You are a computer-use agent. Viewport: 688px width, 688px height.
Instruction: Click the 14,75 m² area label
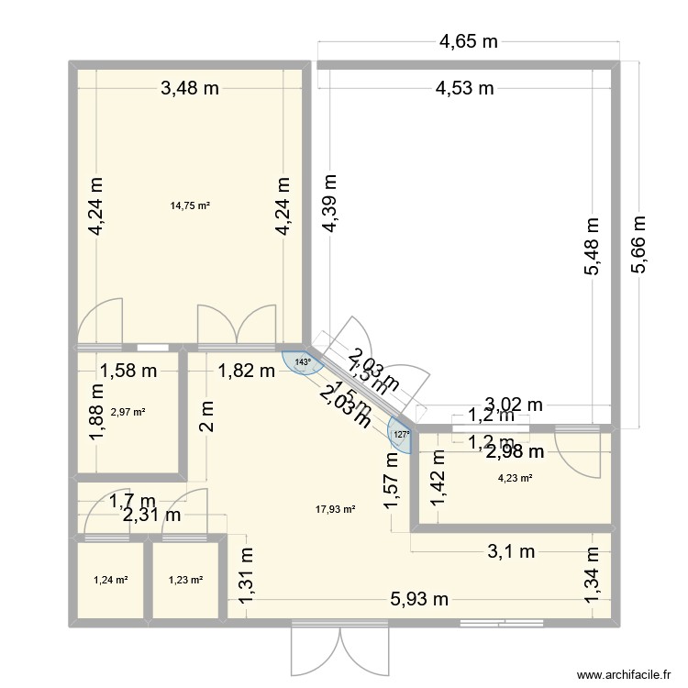[190, 205]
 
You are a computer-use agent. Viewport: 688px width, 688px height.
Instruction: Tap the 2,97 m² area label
[128, 412]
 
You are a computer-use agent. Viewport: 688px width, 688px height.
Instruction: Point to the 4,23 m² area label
[514, 477]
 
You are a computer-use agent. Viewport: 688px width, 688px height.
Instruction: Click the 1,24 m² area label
[111, 580]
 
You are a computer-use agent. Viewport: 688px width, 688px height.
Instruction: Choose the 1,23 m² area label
[186, 580]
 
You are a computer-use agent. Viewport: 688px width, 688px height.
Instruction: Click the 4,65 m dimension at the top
[468, 40]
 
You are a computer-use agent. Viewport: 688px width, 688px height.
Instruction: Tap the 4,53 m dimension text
[465, 89]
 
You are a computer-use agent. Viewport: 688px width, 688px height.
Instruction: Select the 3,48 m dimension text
[191, 89]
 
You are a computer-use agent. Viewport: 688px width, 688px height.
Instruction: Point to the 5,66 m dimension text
[639, 244]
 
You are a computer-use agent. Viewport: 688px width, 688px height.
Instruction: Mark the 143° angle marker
[302, 362]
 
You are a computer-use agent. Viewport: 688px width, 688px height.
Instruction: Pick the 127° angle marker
[400, 435]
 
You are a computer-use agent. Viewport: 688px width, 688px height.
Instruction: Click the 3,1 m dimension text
[510, 551]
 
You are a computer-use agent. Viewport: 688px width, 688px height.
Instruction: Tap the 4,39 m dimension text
[328, 208]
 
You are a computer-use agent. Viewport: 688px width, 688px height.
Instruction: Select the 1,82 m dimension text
[246, 371]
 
